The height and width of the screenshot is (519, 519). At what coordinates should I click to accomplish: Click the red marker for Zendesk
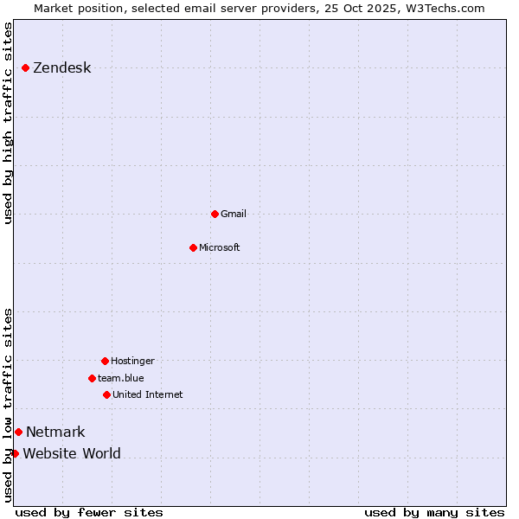coord(25,67)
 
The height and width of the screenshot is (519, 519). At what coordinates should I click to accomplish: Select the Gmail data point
coord(215,214)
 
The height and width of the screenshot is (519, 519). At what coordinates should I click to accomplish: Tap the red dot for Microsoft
coord(193,247)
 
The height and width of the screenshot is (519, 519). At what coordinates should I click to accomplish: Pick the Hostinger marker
coord(105,361)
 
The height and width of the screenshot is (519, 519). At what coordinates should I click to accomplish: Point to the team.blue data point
coord(92,378)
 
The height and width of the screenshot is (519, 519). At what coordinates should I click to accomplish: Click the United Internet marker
coord(106,394)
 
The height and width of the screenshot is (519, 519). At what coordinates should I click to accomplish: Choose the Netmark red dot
coord(18,432)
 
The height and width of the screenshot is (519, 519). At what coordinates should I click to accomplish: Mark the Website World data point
coord(15,453)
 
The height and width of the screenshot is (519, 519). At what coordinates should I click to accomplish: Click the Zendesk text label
coord(61,68)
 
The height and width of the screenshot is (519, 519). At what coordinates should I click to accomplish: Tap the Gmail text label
coord(234,214)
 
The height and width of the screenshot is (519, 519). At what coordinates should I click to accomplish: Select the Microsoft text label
coord(220,247)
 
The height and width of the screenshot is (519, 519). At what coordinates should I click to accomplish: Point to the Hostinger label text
coord(132,361)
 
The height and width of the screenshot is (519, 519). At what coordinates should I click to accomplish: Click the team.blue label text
coord(121,378)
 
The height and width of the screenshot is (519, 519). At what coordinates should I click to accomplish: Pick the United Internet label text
coord(148,394)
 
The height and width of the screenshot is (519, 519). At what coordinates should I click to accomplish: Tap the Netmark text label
coord(55,432)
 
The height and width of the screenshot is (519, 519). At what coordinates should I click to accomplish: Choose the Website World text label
coord(72,454)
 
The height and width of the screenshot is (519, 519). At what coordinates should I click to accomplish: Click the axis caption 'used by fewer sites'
coord(89,512)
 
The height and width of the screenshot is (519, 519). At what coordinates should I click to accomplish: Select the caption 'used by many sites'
coord(434,512)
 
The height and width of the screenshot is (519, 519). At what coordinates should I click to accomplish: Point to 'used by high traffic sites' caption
coord(9,123)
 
